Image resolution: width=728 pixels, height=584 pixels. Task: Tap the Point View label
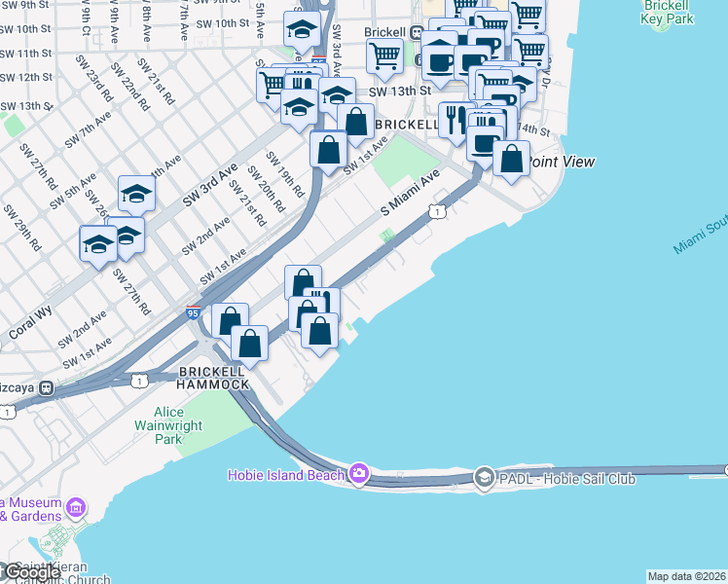tap(560, 162)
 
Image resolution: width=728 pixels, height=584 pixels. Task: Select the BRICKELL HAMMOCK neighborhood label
tap(213, 380)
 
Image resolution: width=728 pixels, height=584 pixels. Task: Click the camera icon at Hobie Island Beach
tap(359, 474)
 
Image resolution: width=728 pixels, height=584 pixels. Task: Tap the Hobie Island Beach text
tap(286, 475)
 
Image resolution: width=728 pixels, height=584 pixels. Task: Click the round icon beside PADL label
tap(485, 478)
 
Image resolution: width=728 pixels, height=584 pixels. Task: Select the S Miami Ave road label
tap(410, 195)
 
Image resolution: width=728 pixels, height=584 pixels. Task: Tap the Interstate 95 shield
tap(194, 312)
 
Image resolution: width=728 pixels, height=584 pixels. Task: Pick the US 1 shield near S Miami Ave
tap(438, 211)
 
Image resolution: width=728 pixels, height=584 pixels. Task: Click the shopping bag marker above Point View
tap(511, 158)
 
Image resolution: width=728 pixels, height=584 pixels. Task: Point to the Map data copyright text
tap(687, 576)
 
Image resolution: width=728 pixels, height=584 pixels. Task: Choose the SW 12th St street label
tap(26, 77)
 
